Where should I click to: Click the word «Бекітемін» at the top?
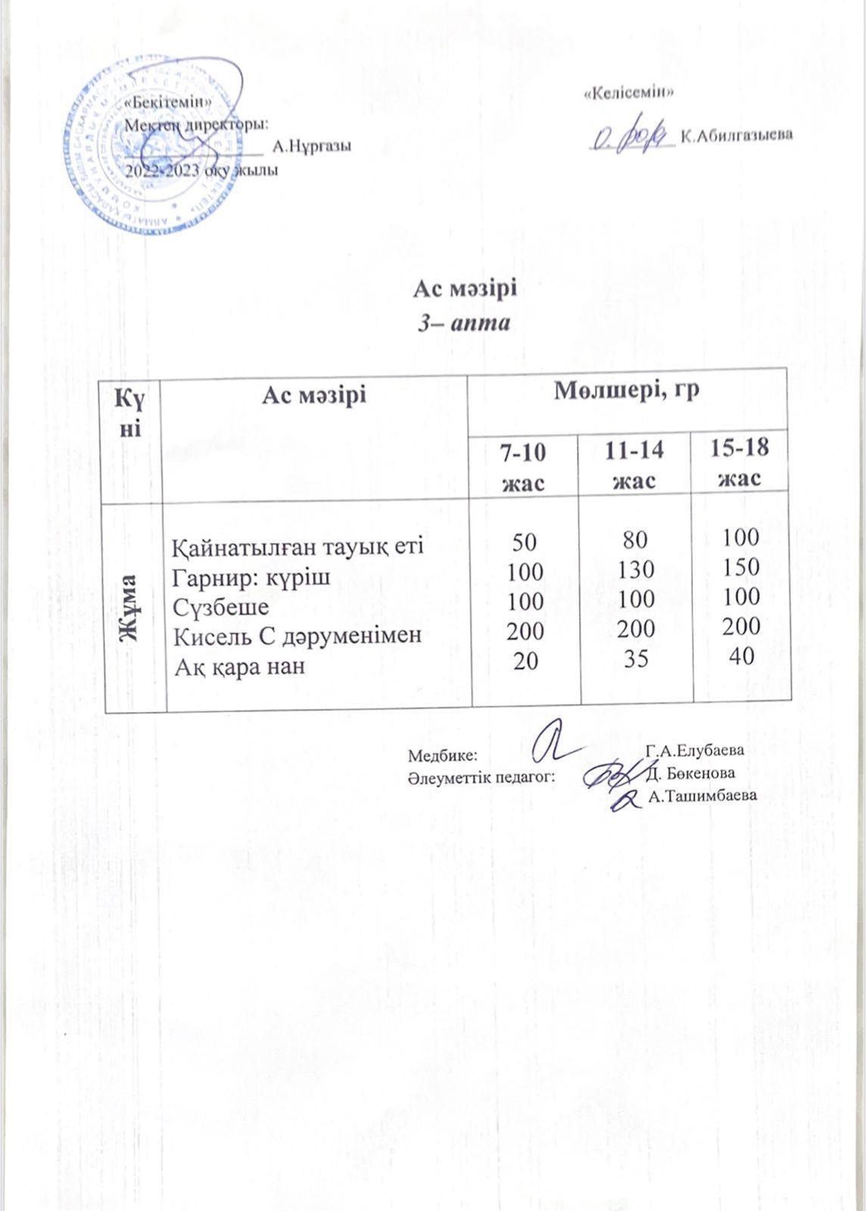(167, 102)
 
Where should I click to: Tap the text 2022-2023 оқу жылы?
(201, 170)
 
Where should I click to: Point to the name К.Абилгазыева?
(737, 136)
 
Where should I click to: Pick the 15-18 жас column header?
(740, 462)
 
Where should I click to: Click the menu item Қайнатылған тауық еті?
(297, 546)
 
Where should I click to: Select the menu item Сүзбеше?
(221, 606)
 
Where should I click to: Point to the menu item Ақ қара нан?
(240, 667)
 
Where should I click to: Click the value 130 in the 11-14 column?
(636, 569)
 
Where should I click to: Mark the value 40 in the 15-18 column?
(740, 656)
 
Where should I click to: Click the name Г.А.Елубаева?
(696, 751)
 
